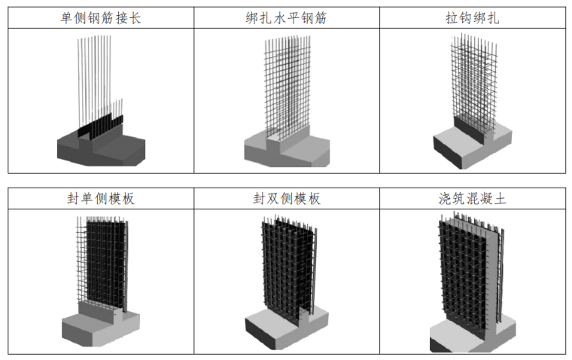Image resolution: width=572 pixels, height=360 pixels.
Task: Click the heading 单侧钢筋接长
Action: (x=100, y=18)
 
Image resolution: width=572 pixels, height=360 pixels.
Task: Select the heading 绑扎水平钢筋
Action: (x=286, y=18)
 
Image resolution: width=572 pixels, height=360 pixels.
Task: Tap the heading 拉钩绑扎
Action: (x=473, y=18)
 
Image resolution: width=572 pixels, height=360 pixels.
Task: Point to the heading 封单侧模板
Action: (x=101, y=199)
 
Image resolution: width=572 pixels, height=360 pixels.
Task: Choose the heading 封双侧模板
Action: (x=286, y=199)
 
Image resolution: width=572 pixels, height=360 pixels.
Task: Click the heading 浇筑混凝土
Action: (x=473, y=199)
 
